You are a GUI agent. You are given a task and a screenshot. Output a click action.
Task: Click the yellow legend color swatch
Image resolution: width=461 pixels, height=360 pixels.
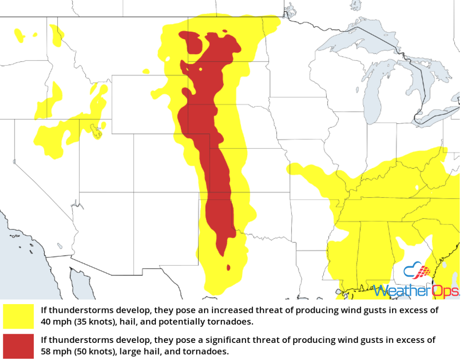tap(18, 316)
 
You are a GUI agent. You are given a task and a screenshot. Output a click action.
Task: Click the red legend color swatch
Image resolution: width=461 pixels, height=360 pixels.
tap(18, 346)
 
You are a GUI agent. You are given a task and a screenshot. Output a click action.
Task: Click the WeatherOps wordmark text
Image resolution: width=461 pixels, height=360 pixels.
tap(417, 290)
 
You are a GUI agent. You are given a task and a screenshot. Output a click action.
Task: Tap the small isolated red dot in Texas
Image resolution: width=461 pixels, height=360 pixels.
tap(228, 267)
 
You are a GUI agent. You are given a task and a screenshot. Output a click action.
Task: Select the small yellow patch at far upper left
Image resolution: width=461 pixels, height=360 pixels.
tap(19, 35)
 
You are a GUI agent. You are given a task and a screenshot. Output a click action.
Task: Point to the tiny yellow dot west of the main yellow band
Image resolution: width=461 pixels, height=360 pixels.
tap(145, 71)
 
